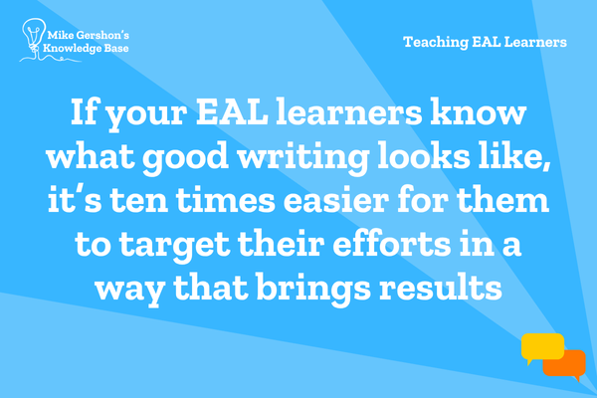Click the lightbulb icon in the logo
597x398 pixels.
(x=34, y=35)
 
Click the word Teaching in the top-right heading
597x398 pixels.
(x=436, y=42)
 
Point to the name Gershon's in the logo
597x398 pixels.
(x=102, y=36)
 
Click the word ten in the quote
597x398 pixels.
(x=139, y=200)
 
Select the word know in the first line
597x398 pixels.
(x=479, y=112)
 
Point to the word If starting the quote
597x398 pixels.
(x=84, y=112)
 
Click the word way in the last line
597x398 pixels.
(x=129, y=292)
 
